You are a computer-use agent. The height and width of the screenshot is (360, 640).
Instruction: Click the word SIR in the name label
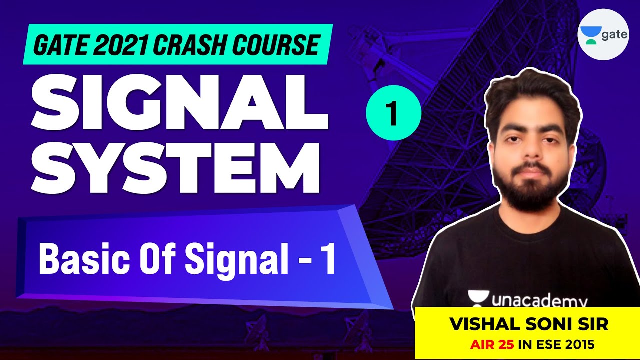[x=592, y=325]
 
